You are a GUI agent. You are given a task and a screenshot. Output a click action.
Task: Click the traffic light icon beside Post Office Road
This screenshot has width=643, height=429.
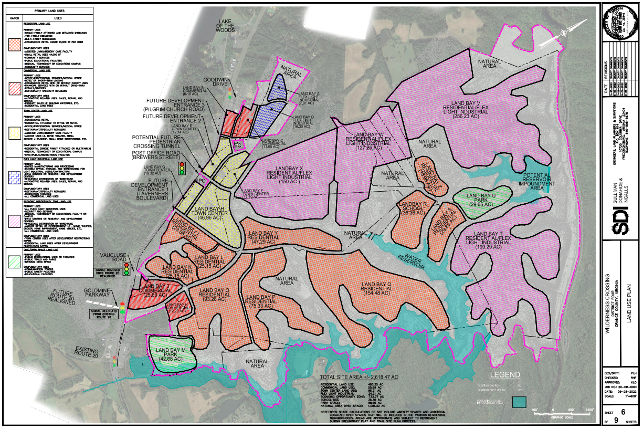[182, 168]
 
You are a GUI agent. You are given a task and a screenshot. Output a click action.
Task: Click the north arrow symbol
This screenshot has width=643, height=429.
[564, 32]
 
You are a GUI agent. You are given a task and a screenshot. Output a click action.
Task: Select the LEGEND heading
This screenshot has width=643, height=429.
[504, 375]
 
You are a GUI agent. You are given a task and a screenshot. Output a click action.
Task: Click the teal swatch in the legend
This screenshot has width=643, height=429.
[519, 402]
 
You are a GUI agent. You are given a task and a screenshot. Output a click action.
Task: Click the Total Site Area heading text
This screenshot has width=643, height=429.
[359, 377]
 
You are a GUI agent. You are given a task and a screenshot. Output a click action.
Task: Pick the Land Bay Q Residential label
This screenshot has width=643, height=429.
[375, 288]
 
